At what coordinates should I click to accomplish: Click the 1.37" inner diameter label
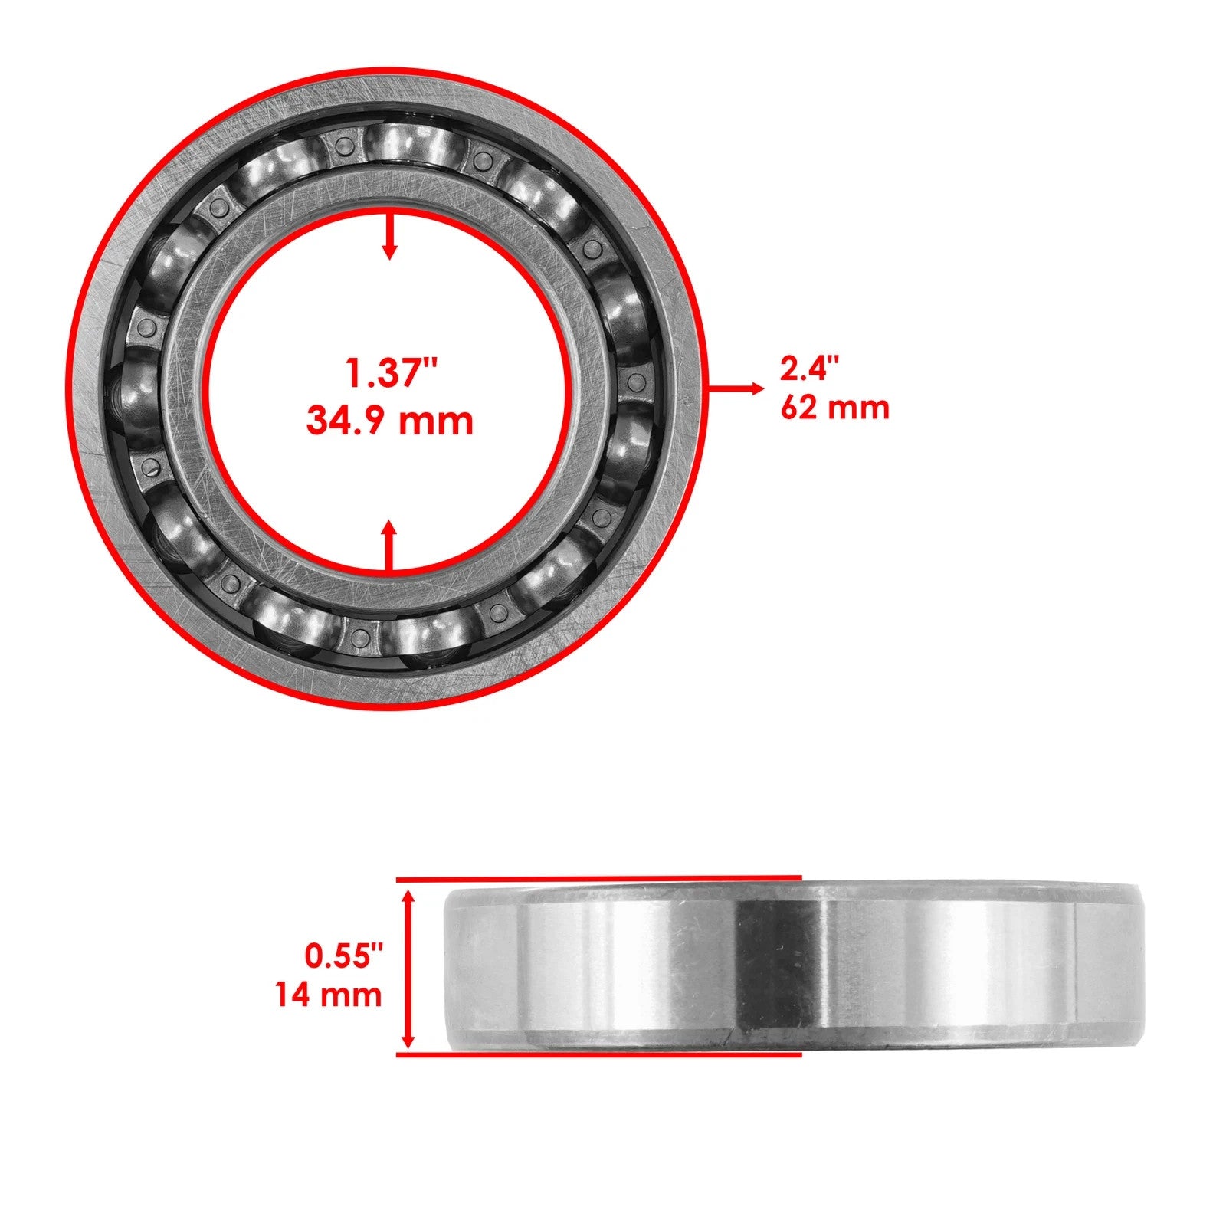[391, 374]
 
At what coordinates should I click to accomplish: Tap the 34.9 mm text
[390, 421]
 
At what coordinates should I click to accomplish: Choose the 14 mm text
[329, 995]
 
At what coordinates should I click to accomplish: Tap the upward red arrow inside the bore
[390, 546]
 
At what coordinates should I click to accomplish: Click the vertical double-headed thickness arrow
[408, 968]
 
